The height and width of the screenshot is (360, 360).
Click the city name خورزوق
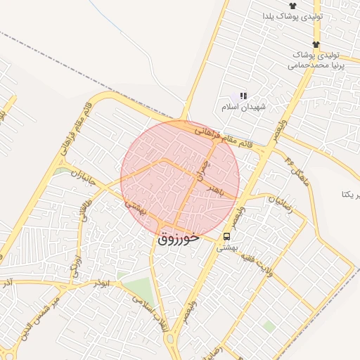pos(176,238)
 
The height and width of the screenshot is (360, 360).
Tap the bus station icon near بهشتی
pos(227,236)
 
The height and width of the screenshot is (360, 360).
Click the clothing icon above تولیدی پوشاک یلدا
pos(292,5)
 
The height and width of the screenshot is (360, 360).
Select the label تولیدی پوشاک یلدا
pos(292,15)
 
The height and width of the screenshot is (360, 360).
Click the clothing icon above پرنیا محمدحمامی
pos(316,44)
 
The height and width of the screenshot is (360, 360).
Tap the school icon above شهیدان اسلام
pos(244,96)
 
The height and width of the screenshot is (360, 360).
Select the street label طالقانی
pos(88,211)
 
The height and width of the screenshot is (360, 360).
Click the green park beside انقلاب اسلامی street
pos(141,288)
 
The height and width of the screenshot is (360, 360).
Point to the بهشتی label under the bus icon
pos(226,248)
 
